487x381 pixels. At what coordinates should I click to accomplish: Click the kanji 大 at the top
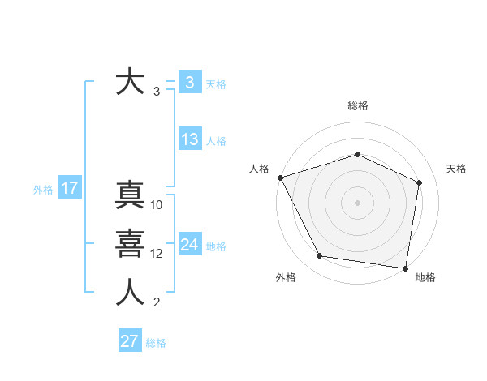tap(130, 83)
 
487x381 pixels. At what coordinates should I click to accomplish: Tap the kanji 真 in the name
tap(130, 196)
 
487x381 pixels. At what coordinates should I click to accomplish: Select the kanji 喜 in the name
tap(130, 244)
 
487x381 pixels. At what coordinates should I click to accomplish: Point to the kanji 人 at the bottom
tap(130, 293)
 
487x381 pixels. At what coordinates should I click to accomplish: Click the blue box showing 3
tap(189, 83)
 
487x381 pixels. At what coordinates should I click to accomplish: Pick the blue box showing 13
tap(189, 139)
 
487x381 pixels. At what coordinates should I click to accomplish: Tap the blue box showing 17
tap(69, 189)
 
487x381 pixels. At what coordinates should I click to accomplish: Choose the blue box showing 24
tap(189, 245)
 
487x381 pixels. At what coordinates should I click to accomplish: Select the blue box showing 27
tap(129, 341)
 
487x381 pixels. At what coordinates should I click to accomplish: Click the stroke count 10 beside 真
tap(157, 205)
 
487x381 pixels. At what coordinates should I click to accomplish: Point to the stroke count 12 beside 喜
tap(157, 254)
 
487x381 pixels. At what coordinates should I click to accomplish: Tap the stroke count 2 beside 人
tap(156, 303)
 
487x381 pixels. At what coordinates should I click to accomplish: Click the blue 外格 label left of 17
tap(43, 190)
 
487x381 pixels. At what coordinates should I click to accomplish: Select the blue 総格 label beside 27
tap(156, 343)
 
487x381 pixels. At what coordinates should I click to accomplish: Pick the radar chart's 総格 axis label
tap(357, 105)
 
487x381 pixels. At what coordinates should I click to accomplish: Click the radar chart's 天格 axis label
tap(456, 169)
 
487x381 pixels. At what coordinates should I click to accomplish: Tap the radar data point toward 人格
tap(280, 178)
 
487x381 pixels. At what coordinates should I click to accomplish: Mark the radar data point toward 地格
tap(405, 268)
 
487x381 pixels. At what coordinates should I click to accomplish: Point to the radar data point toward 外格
tap(320, 256)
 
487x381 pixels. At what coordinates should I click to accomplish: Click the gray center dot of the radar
tap(357, 203)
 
